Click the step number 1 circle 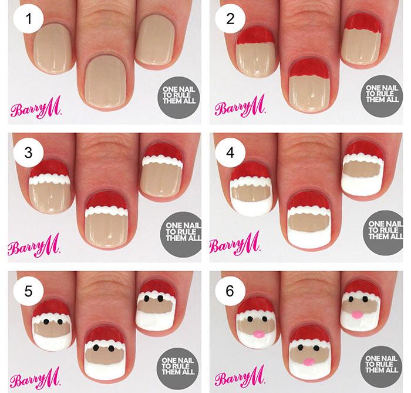[28, 19]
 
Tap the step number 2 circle [230, 19]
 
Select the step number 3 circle [28, 152]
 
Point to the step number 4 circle [230, 152]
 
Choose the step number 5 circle [28, 291]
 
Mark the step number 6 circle [230, 291]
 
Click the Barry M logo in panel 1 [36, 108]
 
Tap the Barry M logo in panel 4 [235, 244]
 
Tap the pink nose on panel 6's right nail [356, 314]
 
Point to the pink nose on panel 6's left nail [259, 334]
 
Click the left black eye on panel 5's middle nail [96, 348]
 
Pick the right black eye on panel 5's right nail [160, 298]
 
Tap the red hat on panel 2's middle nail [309, 68]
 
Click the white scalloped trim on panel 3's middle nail [106, 211]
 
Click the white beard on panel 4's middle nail [308, 235]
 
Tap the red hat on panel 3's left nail [49, 169]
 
